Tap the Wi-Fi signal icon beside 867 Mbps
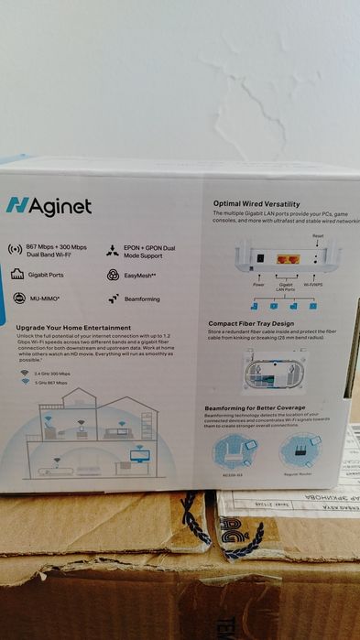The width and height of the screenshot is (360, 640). (15, 249)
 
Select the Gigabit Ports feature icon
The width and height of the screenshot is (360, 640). (16, 274)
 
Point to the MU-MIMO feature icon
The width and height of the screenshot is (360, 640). (18, 298)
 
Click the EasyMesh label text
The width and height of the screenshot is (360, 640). (140, 274)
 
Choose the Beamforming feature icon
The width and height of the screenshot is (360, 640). (114, 298)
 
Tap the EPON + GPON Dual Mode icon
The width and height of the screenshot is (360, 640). (113, 249)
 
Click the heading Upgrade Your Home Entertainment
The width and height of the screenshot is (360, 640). (73, 327)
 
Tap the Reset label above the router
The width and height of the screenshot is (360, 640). (318, 236)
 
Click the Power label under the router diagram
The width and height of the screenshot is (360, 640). (259, 285)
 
